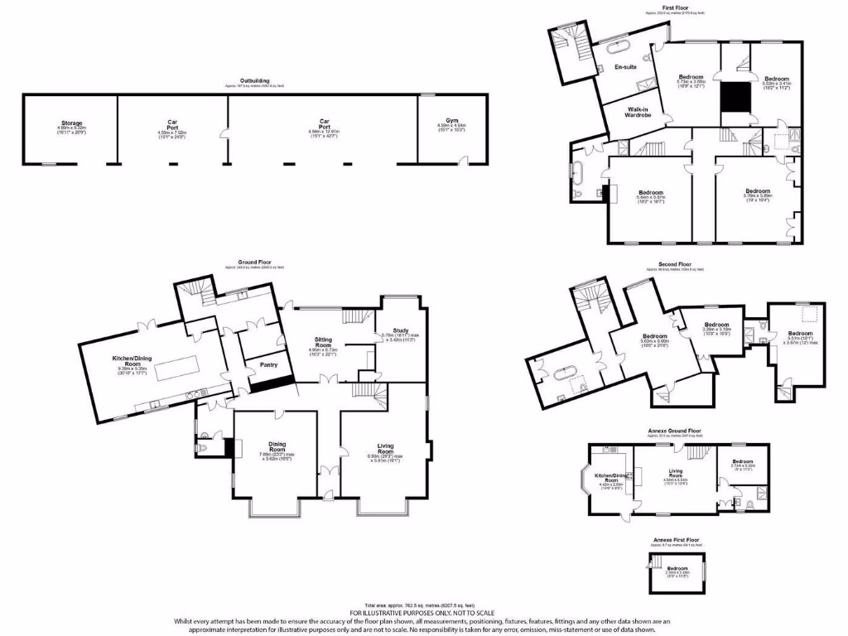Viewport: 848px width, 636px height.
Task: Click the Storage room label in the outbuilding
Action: coord(70,123)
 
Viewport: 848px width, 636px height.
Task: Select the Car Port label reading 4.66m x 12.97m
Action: coord(324,123)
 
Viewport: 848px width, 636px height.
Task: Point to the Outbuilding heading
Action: coord(256,81)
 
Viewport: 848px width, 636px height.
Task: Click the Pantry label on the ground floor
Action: coord(267,364)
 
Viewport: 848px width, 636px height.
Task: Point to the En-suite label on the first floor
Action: coord(624,67)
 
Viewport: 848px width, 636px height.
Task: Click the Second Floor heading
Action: coord(674,265)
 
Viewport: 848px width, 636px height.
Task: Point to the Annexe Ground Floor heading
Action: coord(677,431)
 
